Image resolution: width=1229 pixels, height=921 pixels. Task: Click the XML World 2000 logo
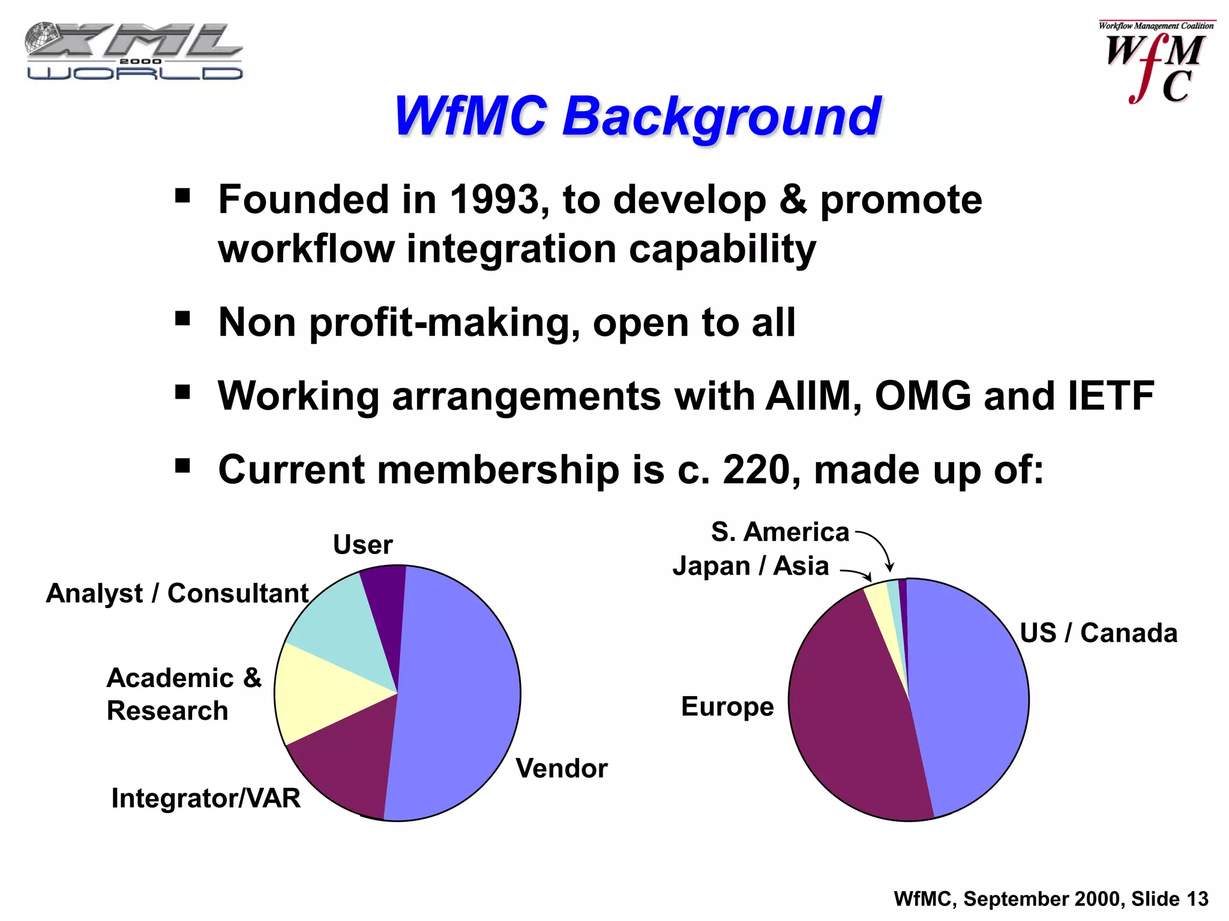[133, 52]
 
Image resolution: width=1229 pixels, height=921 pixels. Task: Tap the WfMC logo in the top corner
[1156, 63]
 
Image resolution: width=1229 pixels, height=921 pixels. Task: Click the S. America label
[780, 532]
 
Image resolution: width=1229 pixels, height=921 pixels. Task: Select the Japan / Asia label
[750, 566]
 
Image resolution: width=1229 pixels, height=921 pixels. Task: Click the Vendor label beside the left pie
[561, 769]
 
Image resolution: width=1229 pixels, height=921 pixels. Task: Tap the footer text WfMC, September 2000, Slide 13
[1050, 899]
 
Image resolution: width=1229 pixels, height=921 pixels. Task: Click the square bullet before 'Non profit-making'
[182, 319]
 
